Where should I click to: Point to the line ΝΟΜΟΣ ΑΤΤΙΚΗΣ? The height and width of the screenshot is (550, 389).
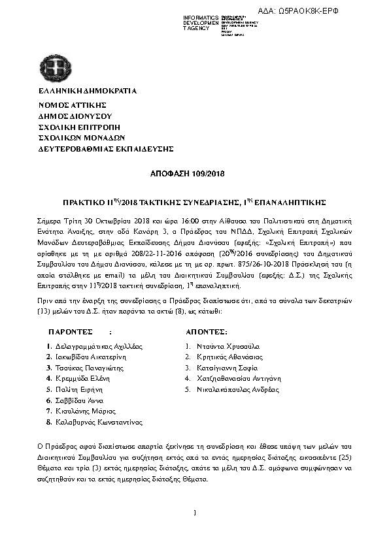coord(72,105)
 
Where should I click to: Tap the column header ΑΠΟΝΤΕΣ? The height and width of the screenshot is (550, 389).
coord(207,332)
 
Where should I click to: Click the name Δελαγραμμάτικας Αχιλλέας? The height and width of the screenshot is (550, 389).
coord(99,346)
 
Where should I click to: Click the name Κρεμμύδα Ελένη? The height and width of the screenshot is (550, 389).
coord(82,379)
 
